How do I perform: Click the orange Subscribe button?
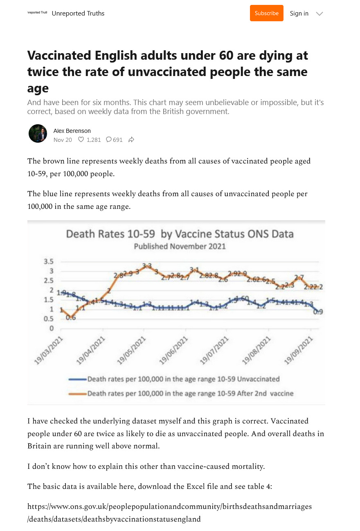click(266, 13)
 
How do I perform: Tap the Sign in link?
click(299, 13)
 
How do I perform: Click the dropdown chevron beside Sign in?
click(319, 14)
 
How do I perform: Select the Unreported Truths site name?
click(78, 13)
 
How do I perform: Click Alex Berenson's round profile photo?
click(38, 134)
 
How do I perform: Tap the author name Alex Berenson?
click(72, 131)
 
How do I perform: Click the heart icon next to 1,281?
click(81, 140)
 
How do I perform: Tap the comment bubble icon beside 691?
click(109, 140)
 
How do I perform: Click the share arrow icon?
click(131, 140)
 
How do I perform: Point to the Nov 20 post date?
click(63, 140)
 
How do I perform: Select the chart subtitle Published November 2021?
click(180, 246)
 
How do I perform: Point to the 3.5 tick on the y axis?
click(49, 262)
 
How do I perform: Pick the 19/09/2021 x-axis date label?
click(299, 351)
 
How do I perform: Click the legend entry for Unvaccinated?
click(183, 379)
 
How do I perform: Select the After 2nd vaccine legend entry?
click(190, 394)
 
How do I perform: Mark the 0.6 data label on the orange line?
click(71, 318)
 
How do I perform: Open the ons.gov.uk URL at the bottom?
click(169, 513)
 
